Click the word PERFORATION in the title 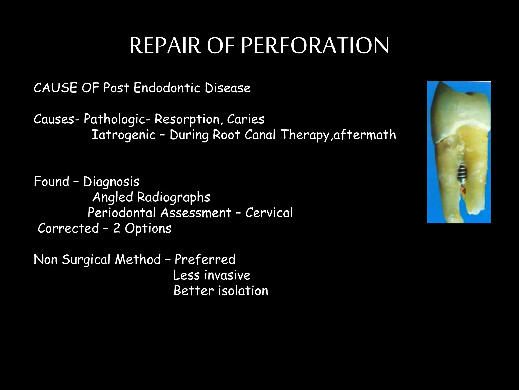click(x=315, y=46)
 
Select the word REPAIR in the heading click(x=165, y=46)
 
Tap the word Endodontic click(x=167, y=88)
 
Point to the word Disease click(x=228, y=88)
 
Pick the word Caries click(x=246, y=119)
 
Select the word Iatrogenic click(x=123, y=135)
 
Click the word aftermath click(x=365, y=135)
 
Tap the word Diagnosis click(x=111, y=182)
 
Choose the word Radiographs click(x=174, y=197)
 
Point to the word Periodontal click(x=122, y=213)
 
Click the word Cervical click(x=269, y=213)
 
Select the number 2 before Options click(x=117, y=228)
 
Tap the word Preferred click(x=205, y=259)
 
